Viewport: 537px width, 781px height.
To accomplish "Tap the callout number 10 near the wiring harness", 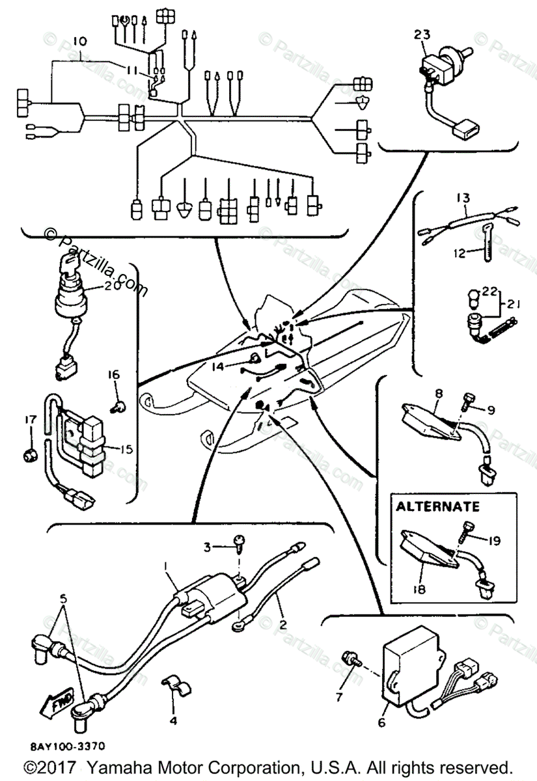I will (x=79, y=41).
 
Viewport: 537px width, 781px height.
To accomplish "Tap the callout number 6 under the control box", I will (x=381, y=722).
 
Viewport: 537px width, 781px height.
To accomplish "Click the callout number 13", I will (x=463, y=197).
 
